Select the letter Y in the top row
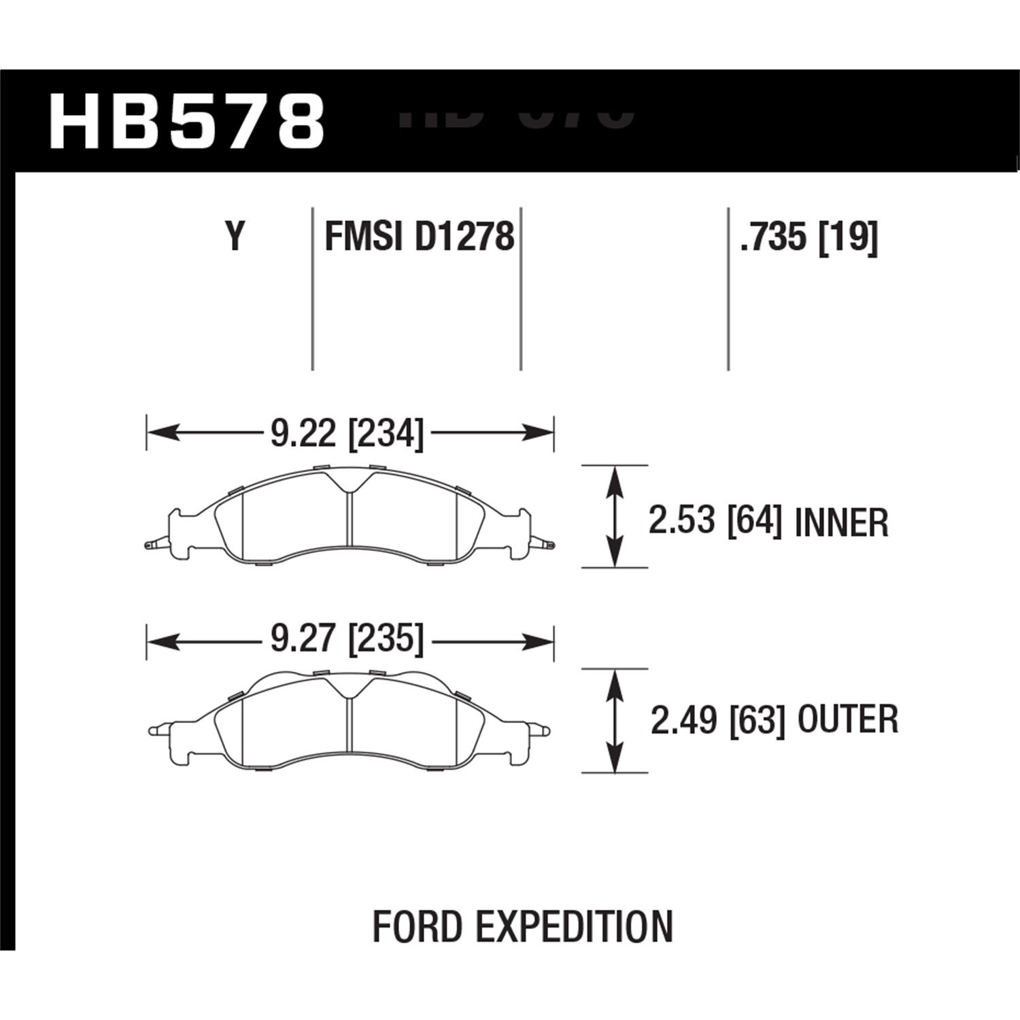pos(235,238)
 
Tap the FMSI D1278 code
pos(419,238)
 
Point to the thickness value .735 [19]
pos(809,238)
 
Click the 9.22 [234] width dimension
pos(347,433)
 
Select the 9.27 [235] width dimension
pos(347,640)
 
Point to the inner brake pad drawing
pos(350,517)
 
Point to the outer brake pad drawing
pos(350,721)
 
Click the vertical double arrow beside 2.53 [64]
pos(615,517)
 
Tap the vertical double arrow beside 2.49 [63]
pos(615,721)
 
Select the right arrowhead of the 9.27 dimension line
pos(541,640)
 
